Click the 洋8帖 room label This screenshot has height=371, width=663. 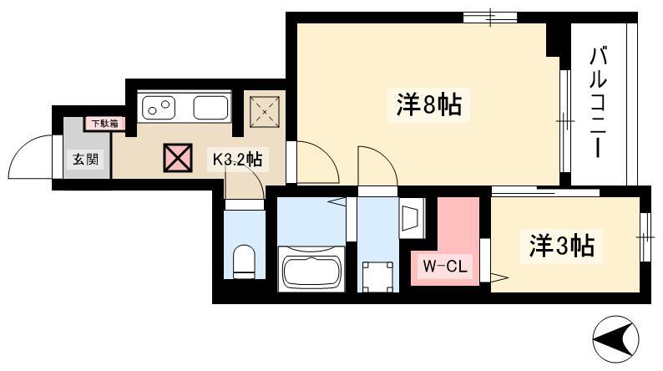[428, 105]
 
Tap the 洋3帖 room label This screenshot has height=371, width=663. [561, 246]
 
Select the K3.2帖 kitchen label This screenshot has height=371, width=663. [237, 159]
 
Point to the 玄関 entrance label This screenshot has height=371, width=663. [86, 160]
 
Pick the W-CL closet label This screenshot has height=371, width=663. [445, 267]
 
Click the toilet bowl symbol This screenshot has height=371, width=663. [244, 262]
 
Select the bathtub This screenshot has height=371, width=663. [311, 269]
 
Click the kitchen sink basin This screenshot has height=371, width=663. [211, 108]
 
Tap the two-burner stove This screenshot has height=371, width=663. [159, 108]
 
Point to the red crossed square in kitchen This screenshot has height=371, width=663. [178, 158]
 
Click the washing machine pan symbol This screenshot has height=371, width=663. [377, 277]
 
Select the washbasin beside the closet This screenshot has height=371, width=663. [412, 218]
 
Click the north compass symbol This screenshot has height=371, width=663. [616, 339]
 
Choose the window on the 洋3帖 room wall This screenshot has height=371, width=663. [645, 237]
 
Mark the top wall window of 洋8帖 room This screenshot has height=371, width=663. [490, 18]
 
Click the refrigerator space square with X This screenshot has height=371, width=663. [265, 112]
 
